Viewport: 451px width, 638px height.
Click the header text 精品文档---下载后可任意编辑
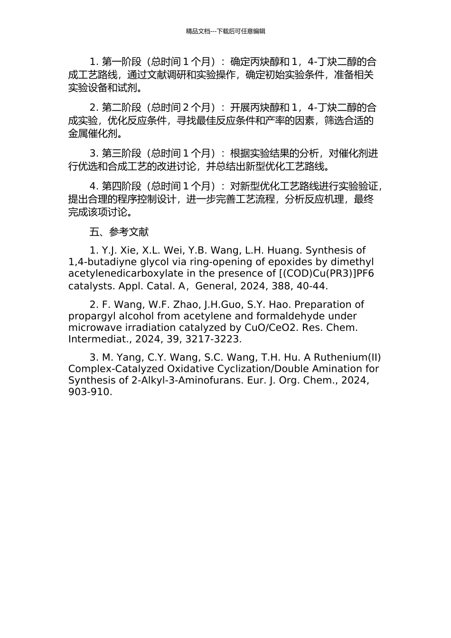click(x=225, y=31)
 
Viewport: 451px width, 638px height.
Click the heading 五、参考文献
click(x=119, y=232)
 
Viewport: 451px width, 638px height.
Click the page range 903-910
click(x=90, y=392)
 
